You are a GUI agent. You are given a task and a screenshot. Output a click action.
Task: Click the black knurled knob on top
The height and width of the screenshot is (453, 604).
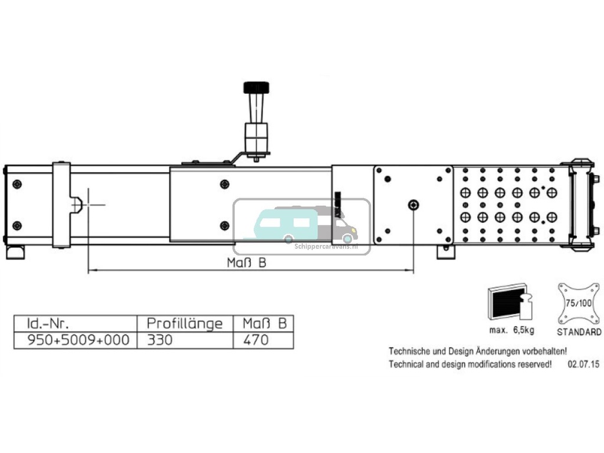click(256, 88)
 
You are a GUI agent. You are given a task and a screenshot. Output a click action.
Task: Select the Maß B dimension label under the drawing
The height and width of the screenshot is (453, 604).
click(247, 263)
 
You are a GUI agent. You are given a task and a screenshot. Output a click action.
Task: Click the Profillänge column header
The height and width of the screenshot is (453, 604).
click(185, 324)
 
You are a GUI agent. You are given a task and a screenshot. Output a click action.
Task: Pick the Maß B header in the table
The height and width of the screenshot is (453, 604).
click(264, 324)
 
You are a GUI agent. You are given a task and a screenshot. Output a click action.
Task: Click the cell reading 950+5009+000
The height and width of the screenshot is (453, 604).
click(74, 340)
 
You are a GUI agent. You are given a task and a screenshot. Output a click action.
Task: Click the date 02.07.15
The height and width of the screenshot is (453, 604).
click(583, 365)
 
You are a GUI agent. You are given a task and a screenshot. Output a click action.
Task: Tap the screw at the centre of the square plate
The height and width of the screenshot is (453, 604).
click(413, 205)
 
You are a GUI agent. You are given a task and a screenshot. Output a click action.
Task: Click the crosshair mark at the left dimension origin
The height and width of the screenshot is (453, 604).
click(88, 204)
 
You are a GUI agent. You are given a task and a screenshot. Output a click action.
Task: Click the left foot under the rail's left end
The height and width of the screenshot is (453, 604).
click(16, 252)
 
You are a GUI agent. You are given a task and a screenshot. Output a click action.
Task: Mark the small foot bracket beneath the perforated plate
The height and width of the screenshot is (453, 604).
click(446, 252)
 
